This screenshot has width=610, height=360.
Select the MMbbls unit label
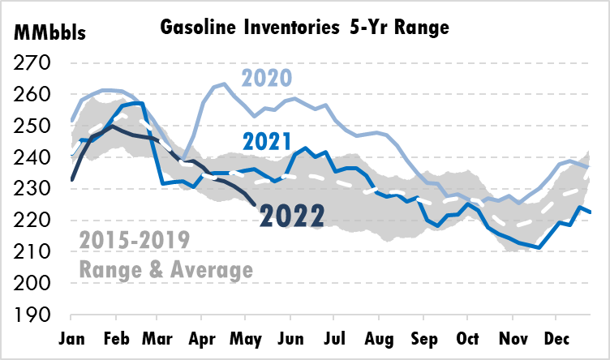pyautogui.click(x=47, y=35)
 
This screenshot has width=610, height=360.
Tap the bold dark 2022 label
pyautogui.click(x=292, y=215)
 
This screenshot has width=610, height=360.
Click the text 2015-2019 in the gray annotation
pyautogui.click(x=134, y=241)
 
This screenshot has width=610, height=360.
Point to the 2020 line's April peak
pyautogui.click(x=224, y=84)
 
